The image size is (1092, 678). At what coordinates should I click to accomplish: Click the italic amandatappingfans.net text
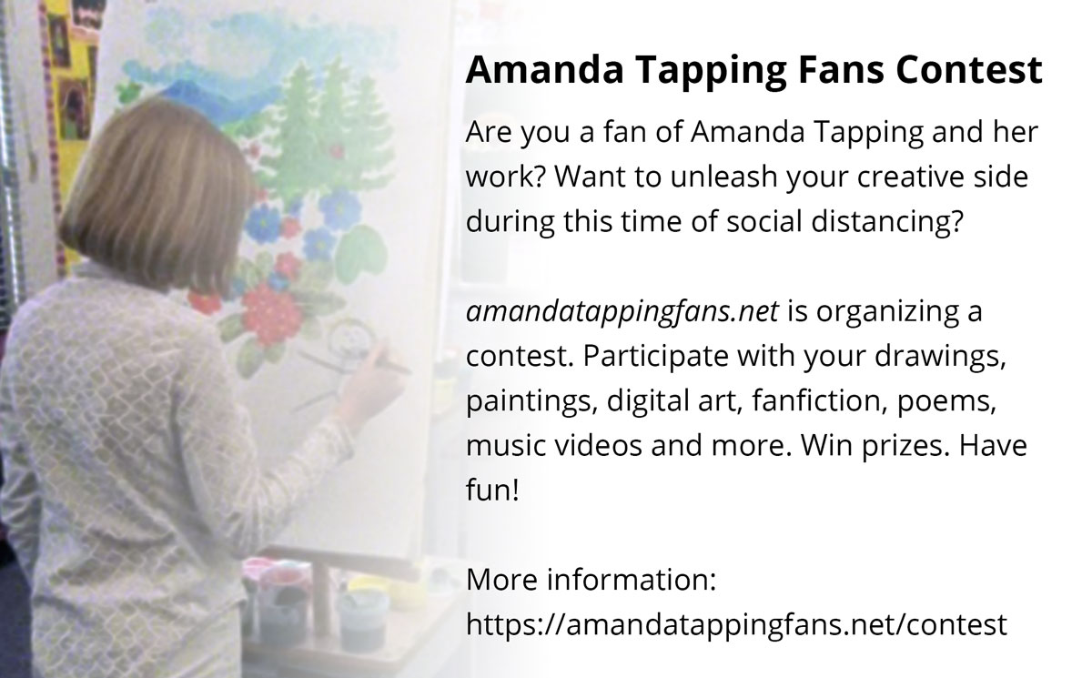(x=622, y=312)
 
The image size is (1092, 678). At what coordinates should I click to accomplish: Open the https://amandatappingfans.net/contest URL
(x=736, y=624)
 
